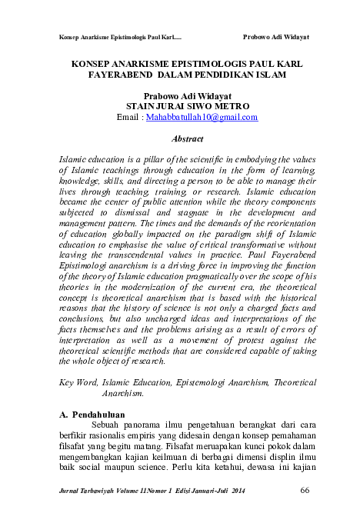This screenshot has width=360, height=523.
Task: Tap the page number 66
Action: (x=304, y=491)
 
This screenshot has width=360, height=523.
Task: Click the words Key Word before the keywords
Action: (x=78, y=381)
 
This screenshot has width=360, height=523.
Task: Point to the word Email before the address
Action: (x=128, y=118)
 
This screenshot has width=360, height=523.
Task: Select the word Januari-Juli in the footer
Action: (x=208, y=491)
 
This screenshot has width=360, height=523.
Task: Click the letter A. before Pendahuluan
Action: (x=65, y=415)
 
